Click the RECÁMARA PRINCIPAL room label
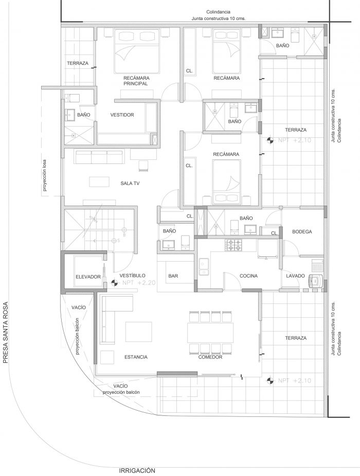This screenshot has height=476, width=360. tap(136, 80)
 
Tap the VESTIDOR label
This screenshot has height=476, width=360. tap(122, 115)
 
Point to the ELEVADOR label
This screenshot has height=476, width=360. tap(87, 277)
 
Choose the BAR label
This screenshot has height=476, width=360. tap(173, 277)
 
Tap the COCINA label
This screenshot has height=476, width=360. tap(248, 277)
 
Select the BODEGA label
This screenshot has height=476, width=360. tap(302, 232)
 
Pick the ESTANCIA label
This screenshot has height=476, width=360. tap(136, 357)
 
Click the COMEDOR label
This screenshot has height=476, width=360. tap(210, 357)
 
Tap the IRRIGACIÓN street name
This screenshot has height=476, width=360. tap(137, 470)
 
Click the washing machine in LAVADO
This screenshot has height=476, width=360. tap(314, 281)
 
